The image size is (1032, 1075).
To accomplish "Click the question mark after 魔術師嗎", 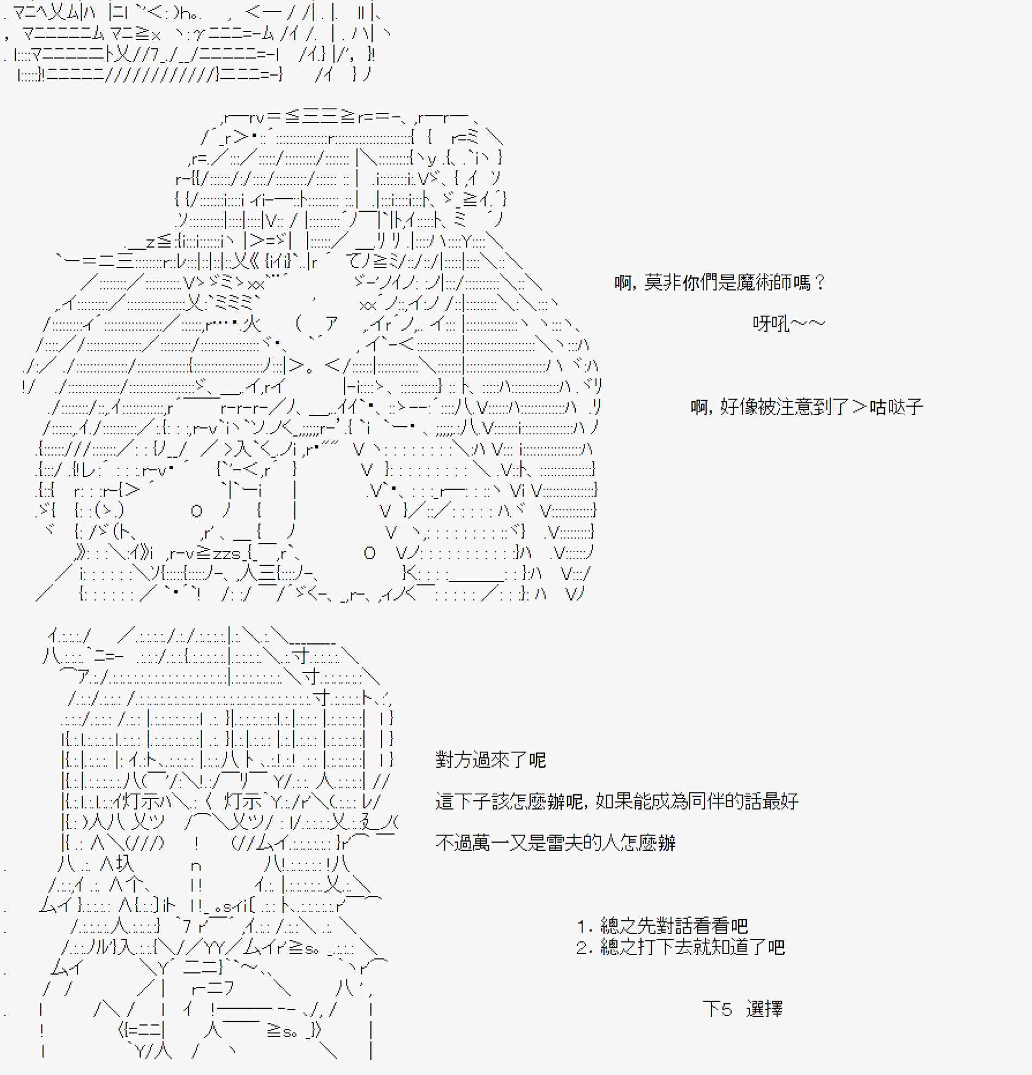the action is point(819,283).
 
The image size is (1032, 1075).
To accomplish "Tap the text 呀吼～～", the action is point(789,324).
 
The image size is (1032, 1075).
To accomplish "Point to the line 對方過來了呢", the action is point(490,760).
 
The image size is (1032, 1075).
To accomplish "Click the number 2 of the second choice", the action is point(582,948).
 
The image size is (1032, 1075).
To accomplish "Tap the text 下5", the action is point(716,1009).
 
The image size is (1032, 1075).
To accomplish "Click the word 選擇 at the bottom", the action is point(764,1009).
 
